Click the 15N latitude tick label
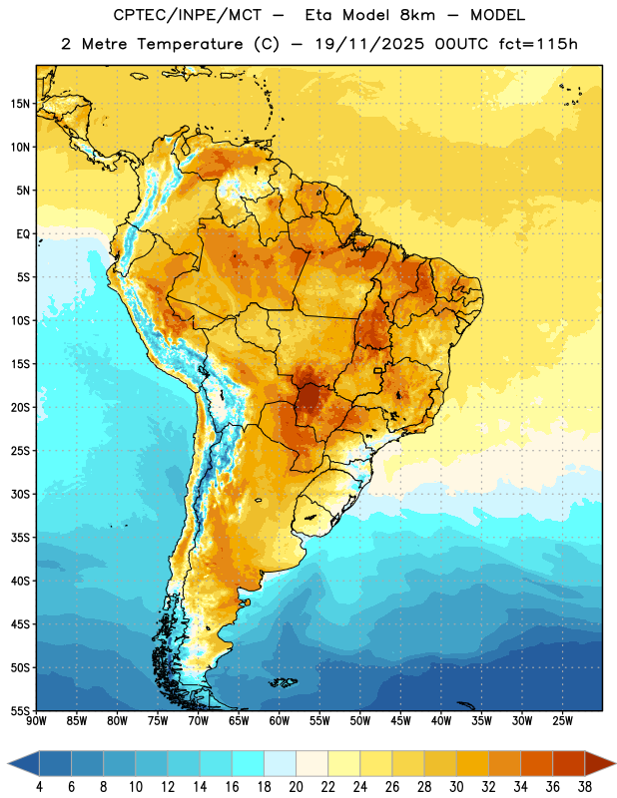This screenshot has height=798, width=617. pyautogui.click(x=20, y=104)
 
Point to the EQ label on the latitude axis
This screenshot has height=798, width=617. pyautogui.click(x=23, y=234)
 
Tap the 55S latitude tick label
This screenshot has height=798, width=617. pyautogui.click(x=20, y=711)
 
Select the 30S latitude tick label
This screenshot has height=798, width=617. pyautogui.click(x=20, y=494)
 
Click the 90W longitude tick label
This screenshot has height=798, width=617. pyautogui.click(x=36, y=721)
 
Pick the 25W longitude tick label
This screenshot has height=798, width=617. pyautogui.click(x=562, y=721)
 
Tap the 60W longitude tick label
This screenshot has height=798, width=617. pyautogui.click(x=280, y=721)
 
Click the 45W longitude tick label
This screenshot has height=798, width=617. pyautogui.click(x=401, y=721)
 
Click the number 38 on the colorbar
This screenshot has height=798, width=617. pyautogui.click(x=585, y=787)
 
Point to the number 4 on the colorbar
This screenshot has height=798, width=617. pyautogui.click(x=39, y=787)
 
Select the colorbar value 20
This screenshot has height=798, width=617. pyautogui.click(x=296, y=787)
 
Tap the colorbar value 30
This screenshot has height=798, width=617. pyautogui.click(x=456, y=787)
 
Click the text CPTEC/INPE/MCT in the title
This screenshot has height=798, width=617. pyautogui.click(x=188, y=15)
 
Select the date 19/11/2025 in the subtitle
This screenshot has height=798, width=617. pyautogui.click(x=369, y=44)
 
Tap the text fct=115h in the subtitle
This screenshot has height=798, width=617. pyautogui.click(x=538, y=44)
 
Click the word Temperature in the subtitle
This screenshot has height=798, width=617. pyautogui.click(x=190, y=45)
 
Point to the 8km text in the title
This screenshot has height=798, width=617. pyautogui.click(x=417, y=15)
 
